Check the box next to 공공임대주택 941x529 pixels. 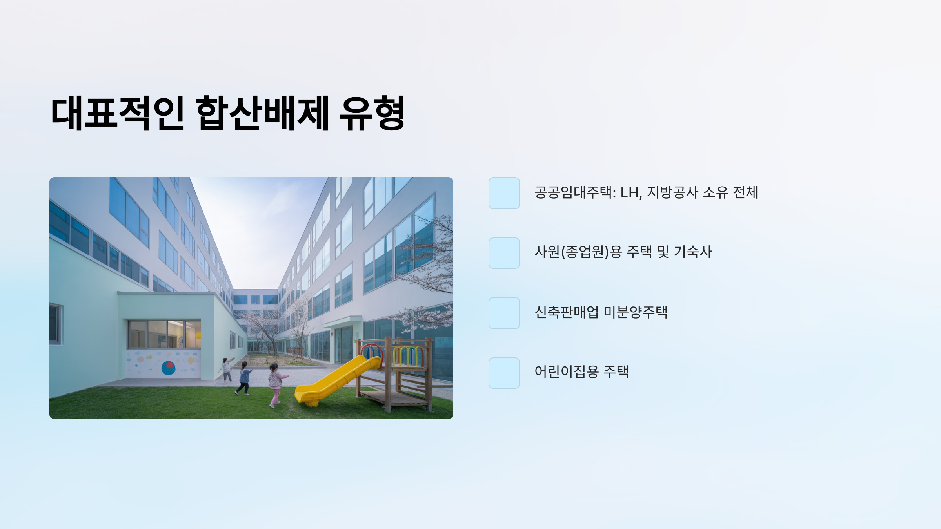point(504,193)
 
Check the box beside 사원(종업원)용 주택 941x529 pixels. point(504,253)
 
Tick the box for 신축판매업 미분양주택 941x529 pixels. point(504,313)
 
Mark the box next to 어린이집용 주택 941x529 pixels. point(504,373)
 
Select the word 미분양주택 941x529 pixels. point(635,312)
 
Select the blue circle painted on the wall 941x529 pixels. point(168,368)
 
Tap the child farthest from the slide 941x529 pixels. point(227,370)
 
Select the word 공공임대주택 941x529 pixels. point(573,192)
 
